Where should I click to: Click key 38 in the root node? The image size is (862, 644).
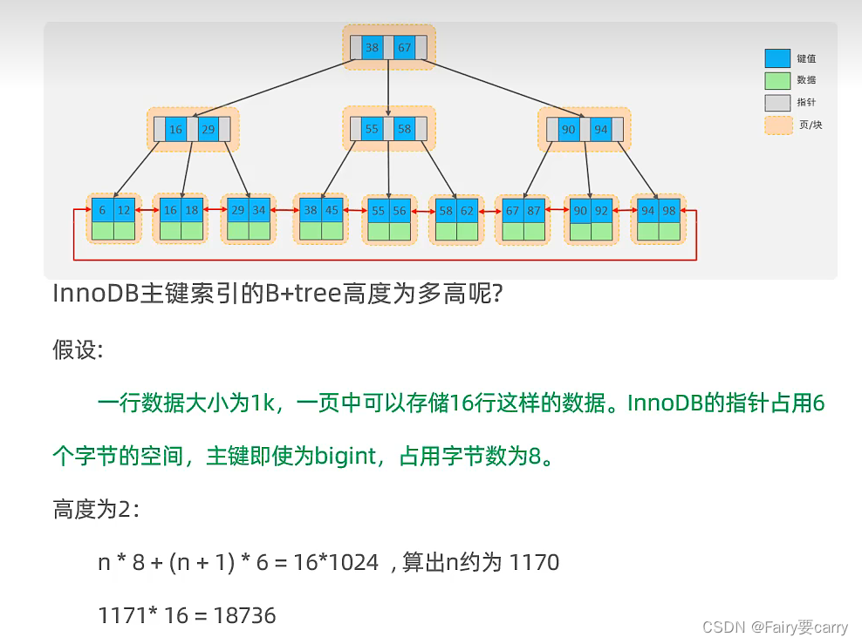tap(373, 48)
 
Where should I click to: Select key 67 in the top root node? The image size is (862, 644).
tap(404, 48)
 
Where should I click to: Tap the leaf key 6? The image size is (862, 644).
tap(103, 210)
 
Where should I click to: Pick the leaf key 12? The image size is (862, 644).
tap(125, 210)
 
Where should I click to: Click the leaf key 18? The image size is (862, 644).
tap(192, 210)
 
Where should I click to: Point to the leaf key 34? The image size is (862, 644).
tap(259, 210)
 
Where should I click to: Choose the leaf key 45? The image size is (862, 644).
tap(332, 210)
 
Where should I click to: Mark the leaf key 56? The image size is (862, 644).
tap(400, 210)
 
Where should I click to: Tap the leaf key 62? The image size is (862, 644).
tap(468, 210)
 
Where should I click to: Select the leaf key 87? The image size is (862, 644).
tap(534, 210)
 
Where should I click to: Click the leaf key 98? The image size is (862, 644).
tap(669, 210)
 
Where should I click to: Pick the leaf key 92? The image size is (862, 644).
tap(602, 210)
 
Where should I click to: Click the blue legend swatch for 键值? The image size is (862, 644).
tap(777, 58)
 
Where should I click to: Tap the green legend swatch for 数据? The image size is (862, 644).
tap(777, 80)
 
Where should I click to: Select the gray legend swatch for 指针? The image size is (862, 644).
tap(777, 103)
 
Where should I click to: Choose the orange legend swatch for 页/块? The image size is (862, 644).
tap(777, 125)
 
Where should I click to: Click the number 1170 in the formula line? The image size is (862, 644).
tap(534, 562)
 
